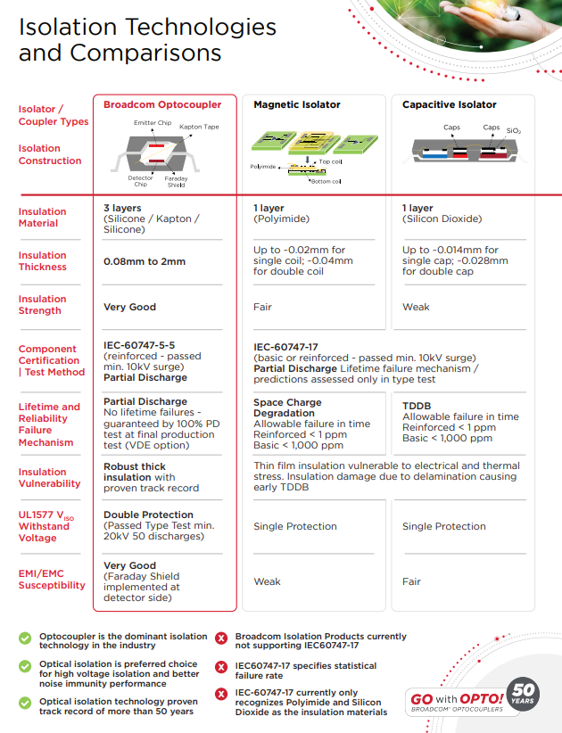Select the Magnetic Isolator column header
[297, 105]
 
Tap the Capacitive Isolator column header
[449, 105]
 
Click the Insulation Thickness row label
[43, 261]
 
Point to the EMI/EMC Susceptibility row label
[52, 580]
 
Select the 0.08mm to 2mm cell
[145, 262]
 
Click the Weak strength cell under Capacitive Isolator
[416, 307]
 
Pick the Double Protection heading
[148, 515]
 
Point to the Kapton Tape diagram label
[199, 127]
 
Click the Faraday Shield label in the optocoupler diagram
[177, 182]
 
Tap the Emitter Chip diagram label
[152, 122]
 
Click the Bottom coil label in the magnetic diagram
[325, 182]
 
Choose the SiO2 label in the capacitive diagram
[514, 131]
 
